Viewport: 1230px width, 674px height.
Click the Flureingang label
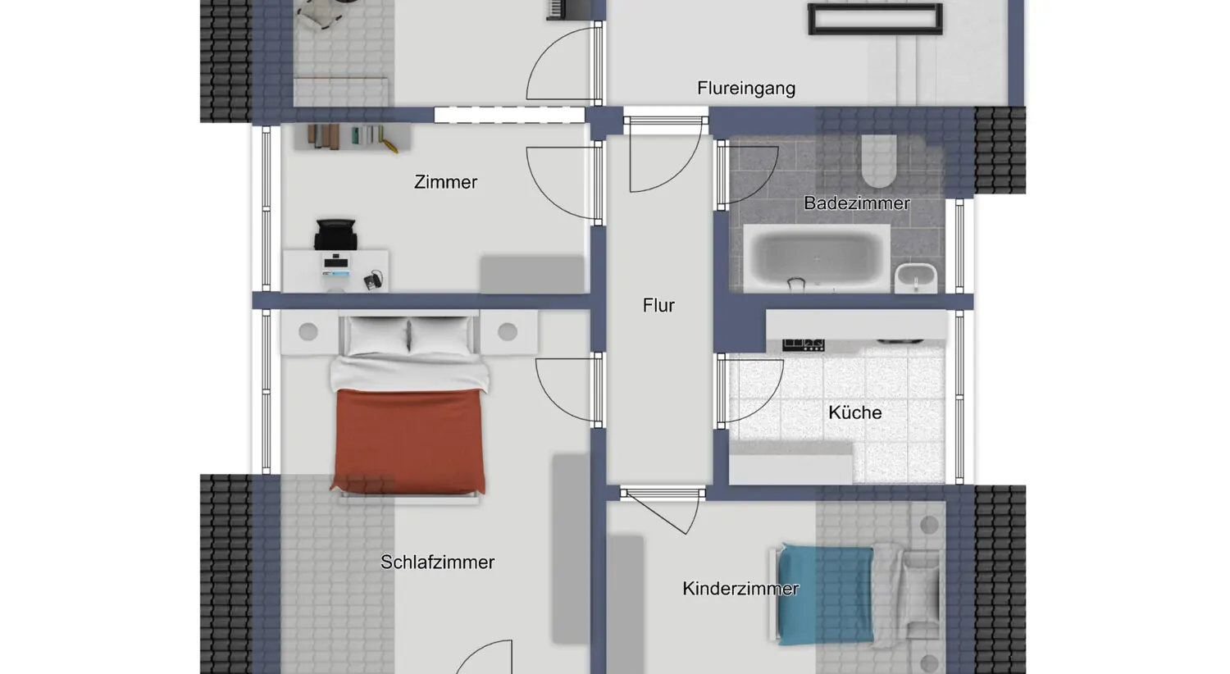pos(746,88)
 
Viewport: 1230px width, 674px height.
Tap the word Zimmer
pos(445,182)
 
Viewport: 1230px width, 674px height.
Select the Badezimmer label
pos(856,203)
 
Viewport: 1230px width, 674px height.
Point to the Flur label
pos(658,306)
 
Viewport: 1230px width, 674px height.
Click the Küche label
pos(854,412)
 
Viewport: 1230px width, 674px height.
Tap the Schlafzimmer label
pos(437,562)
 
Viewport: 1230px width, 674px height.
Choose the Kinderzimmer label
pos(740,589)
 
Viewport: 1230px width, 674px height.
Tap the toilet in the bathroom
pos(878,162)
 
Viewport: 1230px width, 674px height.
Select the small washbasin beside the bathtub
pos(916,277)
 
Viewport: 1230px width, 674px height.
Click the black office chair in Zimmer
pos(335,234)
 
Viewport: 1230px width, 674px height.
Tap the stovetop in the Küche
pos(803,344)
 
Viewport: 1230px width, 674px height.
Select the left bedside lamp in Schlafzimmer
pos(308,332)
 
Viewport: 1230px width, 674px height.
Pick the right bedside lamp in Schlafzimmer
pos(508,332)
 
